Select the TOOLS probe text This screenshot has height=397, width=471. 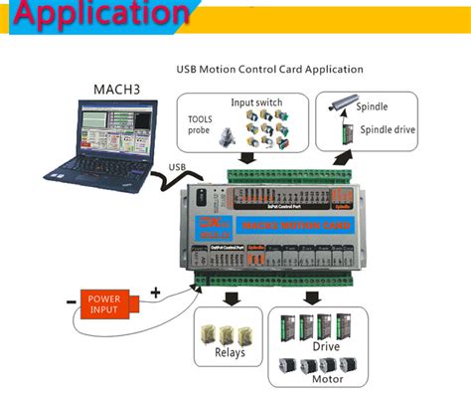(x=200, y=123)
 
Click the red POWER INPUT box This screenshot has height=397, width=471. (x=104, y=302)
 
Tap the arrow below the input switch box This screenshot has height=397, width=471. (x=246, y=155)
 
